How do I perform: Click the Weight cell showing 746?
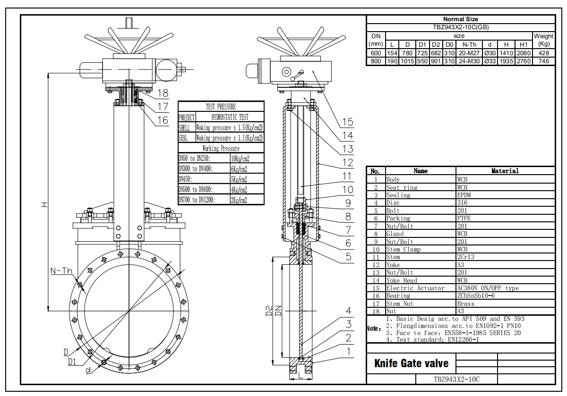click(543, 61)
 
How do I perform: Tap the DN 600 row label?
click(376, 53)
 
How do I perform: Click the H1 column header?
click(523, 44)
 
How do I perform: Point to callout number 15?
click(347, 122)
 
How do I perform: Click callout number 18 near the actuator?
click(163, 93)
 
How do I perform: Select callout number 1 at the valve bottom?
click(348, 351)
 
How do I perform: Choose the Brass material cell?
click(466, 303)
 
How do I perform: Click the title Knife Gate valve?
click(412, 363)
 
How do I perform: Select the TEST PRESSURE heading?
click(221, 107)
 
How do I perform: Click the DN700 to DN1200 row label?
click(197, 200)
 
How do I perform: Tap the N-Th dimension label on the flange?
click(61, 271)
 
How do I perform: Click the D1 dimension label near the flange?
click(72, 362)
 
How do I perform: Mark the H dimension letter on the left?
click(44, 204)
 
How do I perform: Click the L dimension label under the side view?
click(300, 376)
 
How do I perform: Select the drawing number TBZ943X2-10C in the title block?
click(456, 379)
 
